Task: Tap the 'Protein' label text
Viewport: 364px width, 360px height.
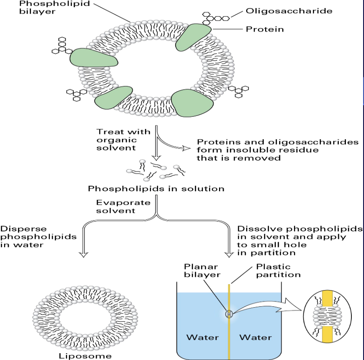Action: tap(265, 29)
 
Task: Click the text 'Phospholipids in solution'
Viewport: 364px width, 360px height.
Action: tap(156, 189)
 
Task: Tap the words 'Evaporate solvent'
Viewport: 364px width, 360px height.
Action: tap(117, 207)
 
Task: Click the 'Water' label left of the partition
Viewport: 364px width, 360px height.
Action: tap(203, 337)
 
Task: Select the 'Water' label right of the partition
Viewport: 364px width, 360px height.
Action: tap(256, 337)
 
